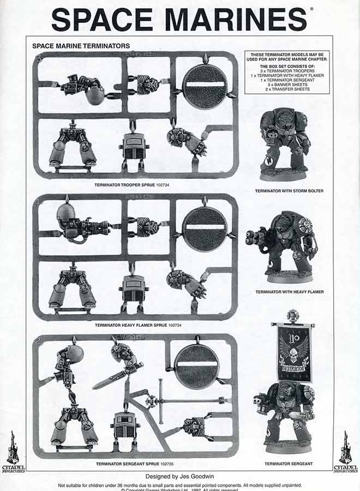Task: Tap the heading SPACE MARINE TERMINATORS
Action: (81, 46)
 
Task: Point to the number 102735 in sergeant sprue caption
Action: (163, 463)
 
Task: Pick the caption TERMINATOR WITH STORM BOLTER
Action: (289, 191)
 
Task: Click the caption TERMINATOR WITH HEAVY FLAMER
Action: (289, 292)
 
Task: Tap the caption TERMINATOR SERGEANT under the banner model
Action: (289, 463)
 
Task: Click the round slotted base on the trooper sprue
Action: (204, 86)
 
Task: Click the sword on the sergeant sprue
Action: (118, 376)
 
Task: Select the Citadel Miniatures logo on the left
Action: (13, 452)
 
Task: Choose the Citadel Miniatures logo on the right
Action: (346, 452)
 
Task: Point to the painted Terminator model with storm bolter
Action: (284, 145)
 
